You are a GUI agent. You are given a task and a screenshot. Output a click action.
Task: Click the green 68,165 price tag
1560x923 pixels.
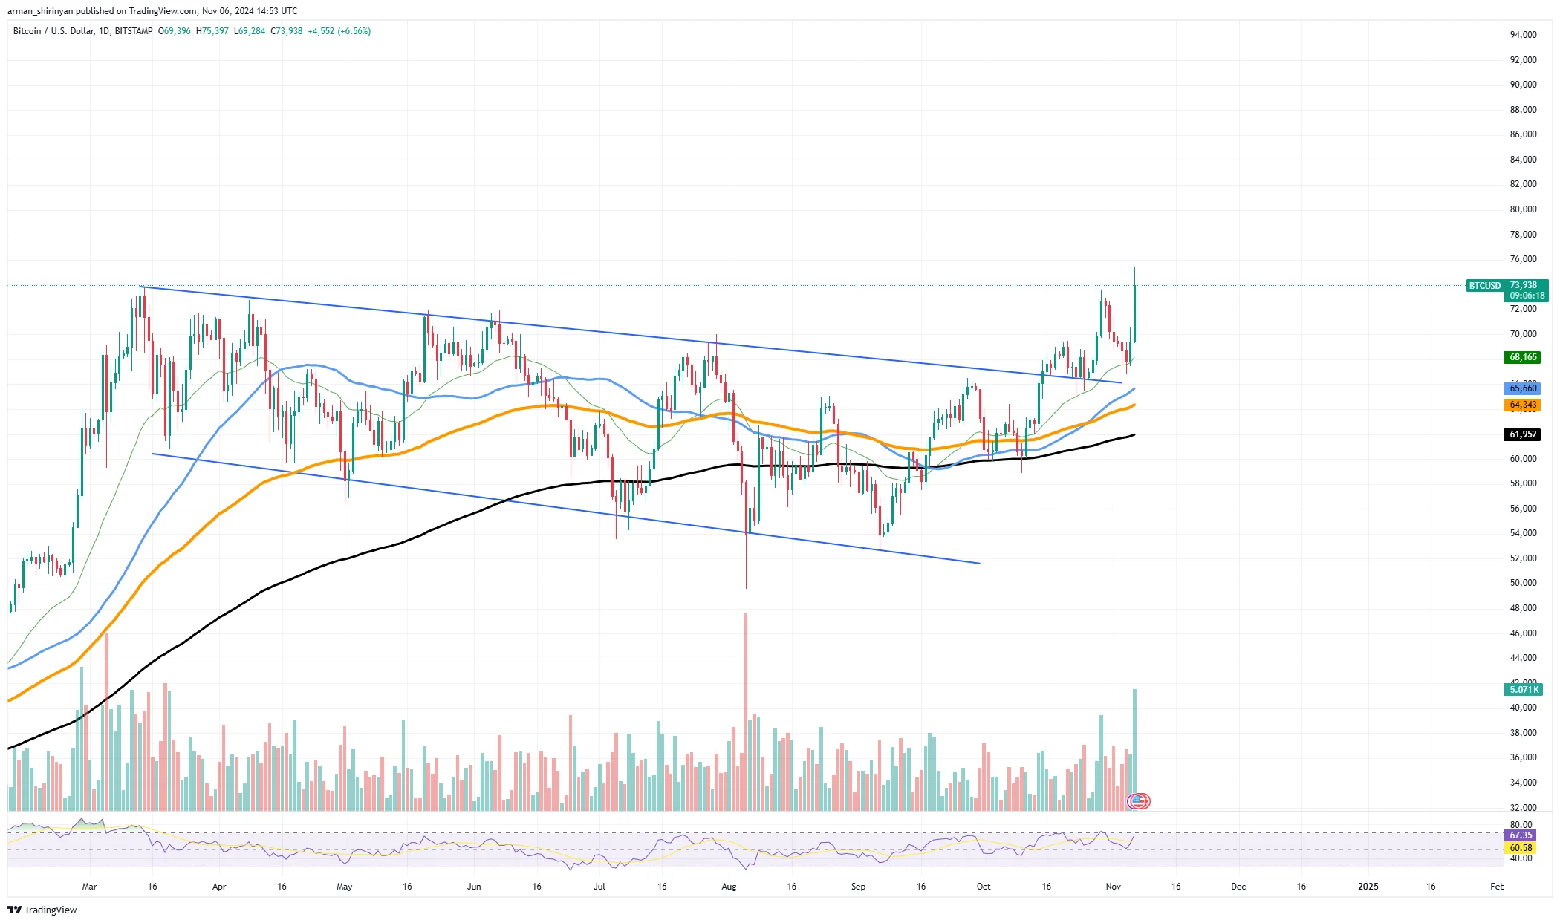tap(1522, 357)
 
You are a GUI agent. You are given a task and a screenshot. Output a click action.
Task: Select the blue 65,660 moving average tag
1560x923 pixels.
tap(1522, 388)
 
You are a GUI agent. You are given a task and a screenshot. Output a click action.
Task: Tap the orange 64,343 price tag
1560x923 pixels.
tap(1522, 405)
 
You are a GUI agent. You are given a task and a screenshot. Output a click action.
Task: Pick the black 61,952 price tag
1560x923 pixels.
tap(1522, 434)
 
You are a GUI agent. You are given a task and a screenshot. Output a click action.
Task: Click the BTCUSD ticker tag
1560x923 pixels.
tap(1484, 286)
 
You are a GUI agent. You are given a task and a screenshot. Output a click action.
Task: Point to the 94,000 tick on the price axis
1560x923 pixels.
tap(1523, 35)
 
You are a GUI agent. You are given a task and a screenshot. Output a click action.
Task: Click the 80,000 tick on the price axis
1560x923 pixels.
tap(1523, 209)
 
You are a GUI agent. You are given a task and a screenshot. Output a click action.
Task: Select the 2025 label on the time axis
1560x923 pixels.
tap(1368, 887)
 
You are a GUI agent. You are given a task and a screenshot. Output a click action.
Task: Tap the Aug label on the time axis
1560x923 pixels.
tap(729, 887)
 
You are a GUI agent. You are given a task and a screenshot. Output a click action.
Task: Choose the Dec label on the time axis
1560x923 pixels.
tap(1238, 887)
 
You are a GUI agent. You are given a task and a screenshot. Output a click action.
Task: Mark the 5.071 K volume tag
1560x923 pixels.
tap(1524, 690)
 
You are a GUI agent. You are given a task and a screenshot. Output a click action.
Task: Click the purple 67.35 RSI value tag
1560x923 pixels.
tap(1521, 835)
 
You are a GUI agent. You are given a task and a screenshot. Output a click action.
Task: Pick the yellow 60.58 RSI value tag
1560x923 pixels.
tap(1521, 848)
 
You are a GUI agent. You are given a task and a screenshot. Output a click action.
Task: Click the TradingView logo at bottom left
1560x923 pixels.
tap(43, 910)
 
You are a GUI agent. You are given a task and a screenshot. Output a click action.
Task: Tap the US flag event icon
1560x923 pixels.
tap(1139, 801)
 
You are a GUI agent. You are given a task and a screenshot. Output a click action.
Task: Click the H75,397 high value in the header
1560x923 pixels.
tap(212, 31)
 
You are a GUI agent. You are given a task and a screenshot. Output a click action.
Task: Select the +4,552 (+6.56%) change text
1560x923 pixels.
tap(339, 31)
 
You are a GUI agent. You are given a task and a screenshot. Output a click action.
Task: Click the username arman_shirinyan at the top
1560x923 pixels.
tap(40, 11)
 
